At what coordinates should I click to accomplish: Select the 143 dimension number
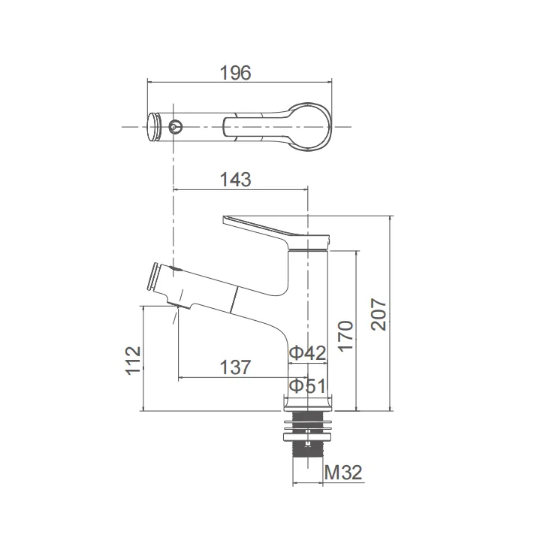[x=235, y=180]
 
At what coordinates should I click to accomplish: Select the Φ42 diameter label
[x=307, y=352]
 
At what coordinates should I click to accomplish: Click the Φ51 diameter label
[x=307, y=386]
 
